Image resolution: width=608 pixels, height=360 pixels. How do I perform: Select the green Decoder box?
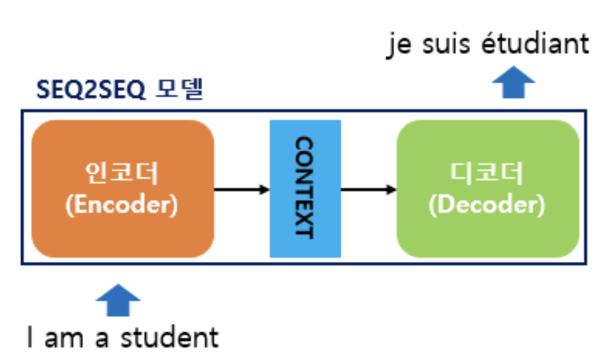click(488, 234)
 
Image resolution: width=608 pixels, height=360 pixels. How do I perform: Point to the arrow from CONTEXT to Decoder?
click(368, 189)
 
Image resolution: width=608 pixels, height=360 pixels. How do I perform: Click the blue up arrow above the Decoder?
click(513, 84)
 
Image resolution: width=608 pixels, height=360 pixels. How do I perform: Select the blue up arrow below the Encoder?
click(118, 300)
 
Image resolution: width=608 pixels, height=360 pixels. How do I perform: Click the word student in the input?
click(169, 338)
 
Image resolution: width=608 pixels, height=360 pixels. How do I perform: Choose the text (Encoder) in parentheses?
click(122, 205)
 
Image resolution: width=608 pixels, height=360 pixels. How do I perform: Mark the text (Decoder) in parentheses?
click(488, 205)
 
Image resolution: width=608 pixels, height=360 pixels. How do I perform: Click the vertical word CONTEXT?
click(305, 187)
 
